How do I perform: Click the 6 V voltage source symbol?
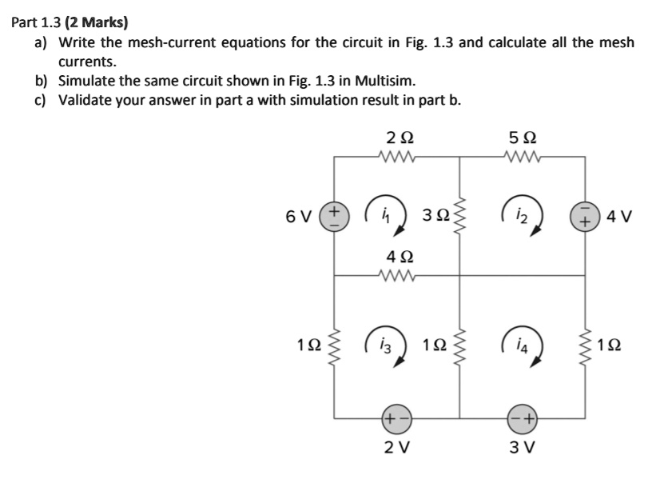[x=333, y=216]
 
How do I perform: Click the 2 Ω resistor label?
[x=396, y=138]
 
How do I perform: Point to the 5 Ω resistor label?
[x=522, y=138]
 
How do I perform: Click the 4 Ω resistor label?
[x=396, y=257]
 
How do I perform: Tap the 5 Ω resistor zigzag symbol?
[x=522, y=157]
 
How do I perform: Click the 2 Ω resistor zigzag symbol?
[x=396, y=157]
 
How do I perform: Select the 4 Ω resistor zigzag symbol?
[x=396, y=276]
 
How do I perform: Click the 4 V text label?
[x=620, y=216]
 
